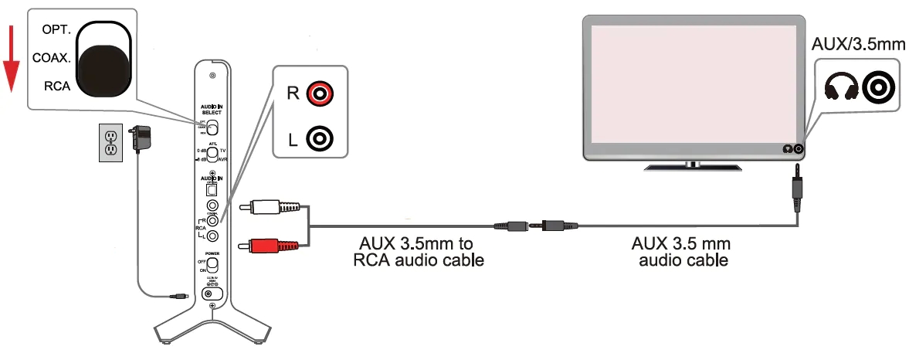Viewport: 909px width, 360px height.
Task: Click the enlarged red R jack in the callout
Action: (319, 94)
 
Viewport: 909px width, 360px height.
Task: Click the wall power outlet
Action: (111, 141)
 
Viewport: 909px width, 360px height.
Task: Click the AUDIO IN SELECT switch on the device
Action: (214, 127)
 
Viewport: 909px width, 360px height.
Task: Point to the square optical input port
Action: (212, 188)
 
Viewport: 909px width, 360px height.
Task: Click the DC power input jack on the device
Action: (212, 294)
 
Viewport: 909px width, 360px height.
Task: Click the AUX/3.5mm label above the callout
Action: (856, 44)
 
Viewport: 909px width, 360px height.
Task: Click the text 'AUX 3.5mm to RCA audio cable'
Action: (419, 252)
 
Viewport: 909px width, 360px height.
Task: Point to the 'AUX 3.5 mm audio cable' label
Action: (680, 252)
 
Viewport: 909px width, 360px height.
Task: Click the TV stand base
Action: (693, 165)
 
